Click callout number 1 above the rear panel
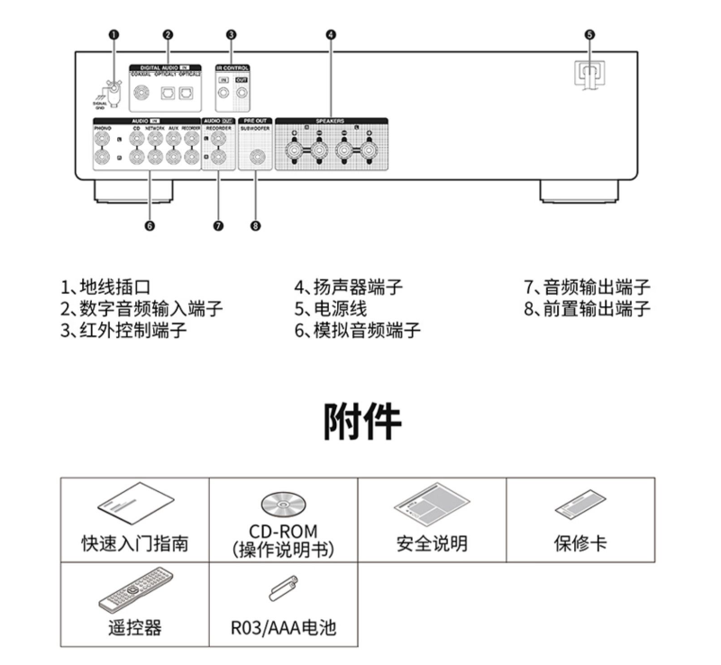pyautogui.click(x=114, y=35)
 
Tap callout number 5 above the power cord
pyautogui.click(x=589, y=35)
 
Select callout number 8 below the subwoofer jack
pyautogui.click(x=256, y=225)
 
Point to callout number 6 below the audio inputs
pyautogui.click(x=150, y=225)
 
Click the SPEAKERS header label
pyautogui.click(x=330, y=119)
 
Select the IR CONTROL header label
pyautogui.click(x=233, y=68)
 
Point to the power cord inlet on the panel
pyautogui.click(x=589, y=72)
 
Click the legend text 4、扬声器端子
pyautogui.click(x=348, y=288)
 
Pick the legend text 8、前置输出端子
pyautogui.click(x=587, y=309)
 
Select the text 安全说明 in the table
pyautogui.click(x=432, y=543)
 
